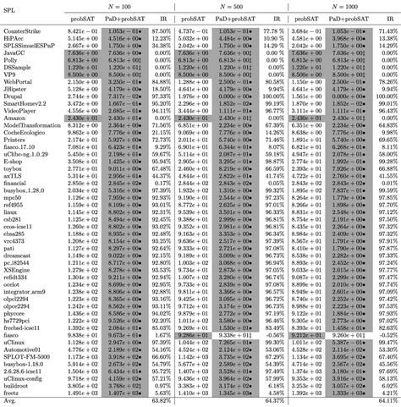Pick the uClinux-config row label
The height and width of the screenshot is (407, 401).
(25, 382)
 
